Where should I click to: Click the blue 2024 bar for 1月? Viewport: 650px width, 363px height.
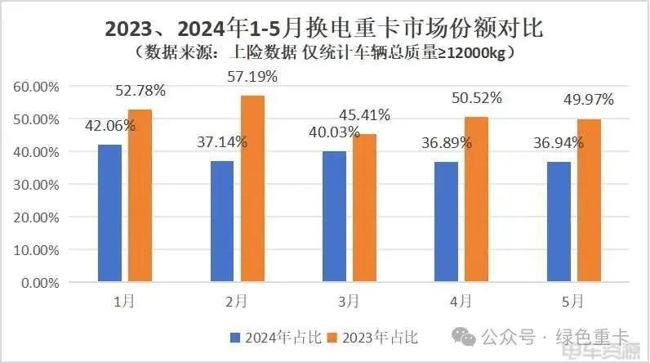click(109, 213)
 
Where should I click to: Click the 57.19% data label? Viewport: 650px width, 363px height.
click(251, 78)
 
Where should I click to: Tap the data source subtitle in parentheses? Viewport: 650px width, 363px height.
click(324, 53)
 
